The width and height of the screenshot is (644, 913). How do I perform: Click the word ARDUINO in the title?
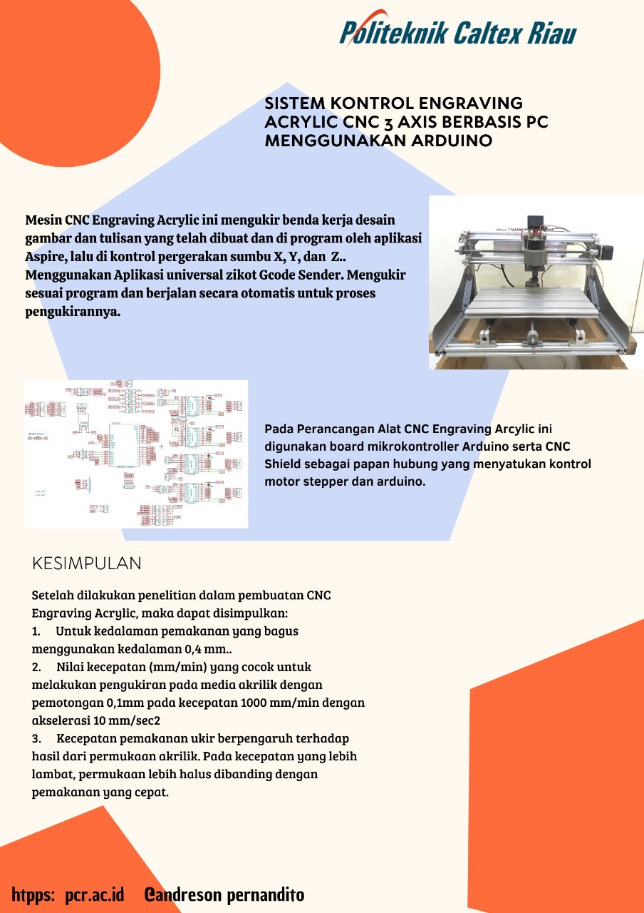coord(452,141)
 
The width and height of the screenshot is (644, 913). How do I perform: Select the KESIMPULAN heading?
coord(87,563)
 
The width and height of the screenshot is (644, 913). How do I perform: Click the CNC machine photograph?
coord(536,282)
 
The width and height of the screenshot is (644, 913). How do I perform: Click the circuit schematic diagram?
coord(135,454)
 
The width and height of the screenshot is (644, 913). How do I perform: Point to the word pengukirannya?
coord(72,312)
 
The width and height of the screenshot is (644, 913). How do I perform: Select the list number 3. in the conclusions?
coord(37,738)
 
